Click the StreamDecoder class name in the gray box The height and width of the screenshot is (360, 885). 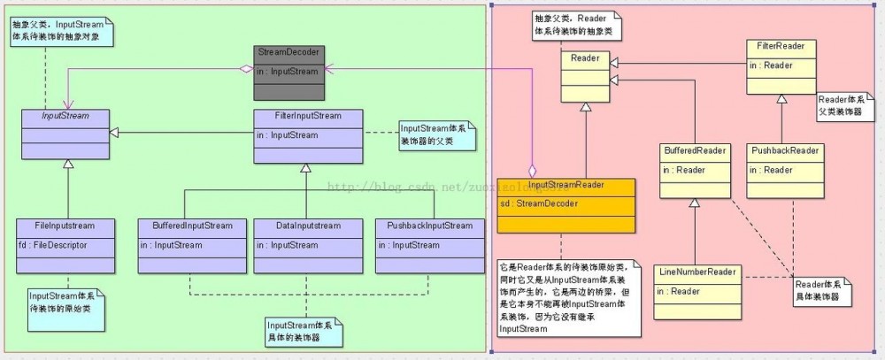click(x=289, y=52)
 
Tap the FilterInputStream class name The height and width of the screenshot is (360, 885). click(x=307, y=116)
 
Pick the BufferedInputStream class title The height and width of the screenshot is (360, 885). click(x=186, y=226)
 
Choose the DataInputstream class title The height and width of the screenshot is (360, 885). click(x=304, y=226)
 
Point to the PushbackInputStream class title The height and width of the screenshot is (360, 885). click(x=429, y=226)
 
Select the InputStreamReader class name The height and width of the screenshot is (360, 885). click(x=566, y=185)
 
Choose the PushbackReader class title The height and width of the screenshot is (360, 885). click(x=784, y=150)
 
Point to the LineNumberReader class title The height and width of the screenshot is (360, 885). click(x=696, y=271)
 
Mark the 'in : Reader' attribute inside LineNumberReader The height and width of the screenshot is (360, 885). click(x=680, y=290)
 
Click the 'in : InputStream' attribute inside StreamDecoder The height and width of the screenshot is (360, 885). click(x=289, y=71)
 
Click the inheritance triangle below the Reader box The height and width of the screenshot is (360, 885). click(x=585, y=107)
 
